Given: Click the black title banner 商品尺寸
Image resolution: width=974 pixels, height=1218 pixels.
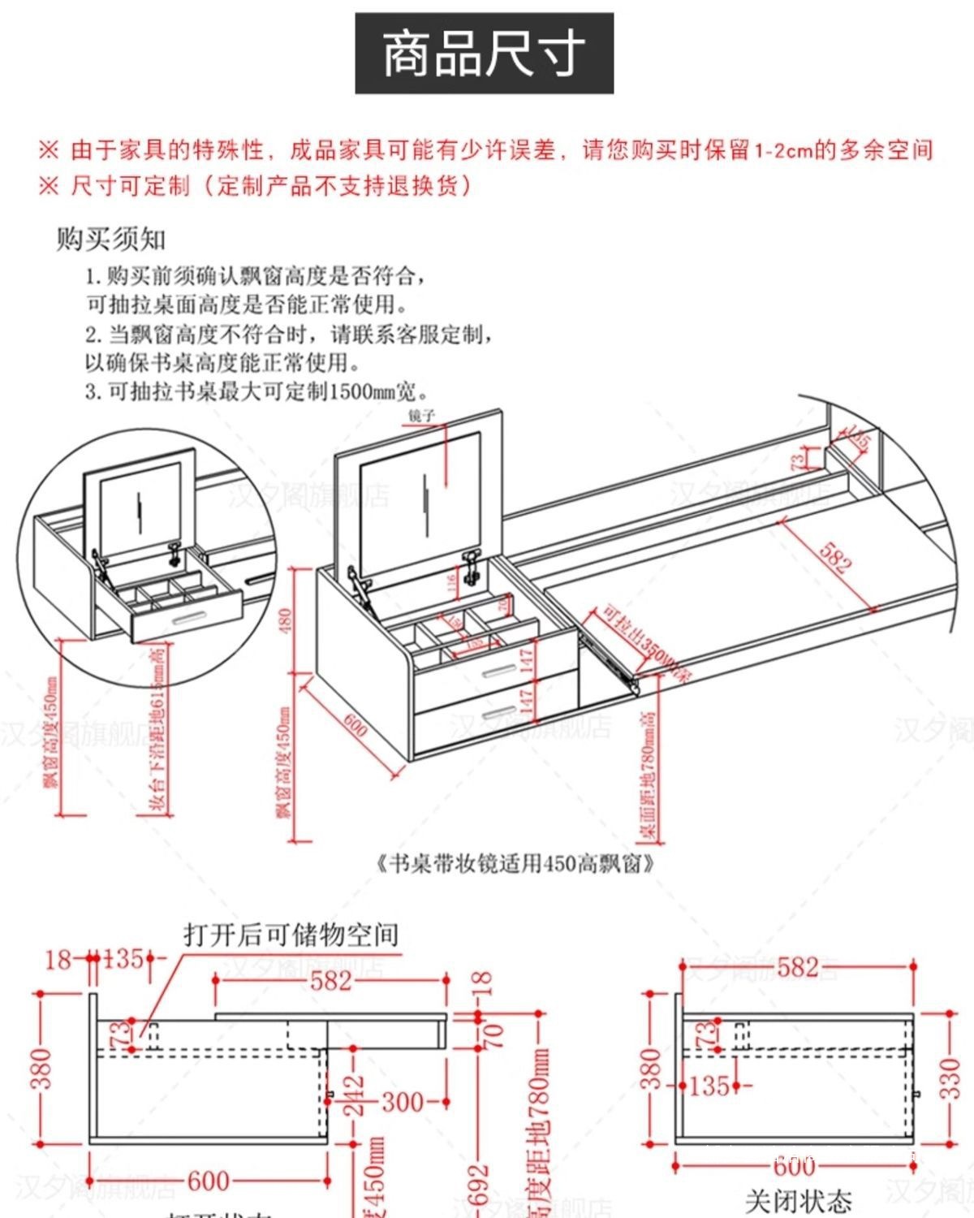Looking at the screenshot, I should coord(484,54).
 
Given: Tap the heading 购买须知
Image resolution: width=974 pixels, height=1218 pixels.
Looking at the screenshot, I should coord(110,239).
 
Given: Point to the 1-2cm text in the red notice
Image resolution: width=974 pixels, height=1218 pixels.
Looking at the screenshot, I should coord(783,150).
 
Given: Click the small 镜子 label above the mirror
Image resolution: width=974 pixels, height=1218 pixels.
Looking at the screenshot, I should coord(422,416).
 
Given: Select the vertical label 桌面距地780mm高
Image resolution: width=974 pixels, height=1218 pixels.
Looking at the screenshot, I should coord(648,775).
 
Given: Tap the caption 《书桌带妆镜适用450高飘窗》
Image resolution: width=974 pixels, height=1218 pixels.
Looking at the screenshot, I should coord(516,862).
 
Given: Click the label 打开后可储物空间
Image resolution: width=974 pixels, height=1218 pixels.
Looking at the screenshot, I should coord(291,935).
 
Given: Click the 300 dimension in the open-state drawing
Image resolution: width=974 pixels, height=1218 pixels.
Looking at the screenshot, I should coord(403,1102).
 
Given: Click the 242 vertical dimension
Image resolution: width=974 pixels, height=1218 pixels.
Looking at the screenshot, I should coord(354,1096).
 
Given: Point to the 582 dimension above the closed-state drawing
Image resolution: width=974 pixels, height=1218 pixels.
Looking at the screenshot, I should coord(797,967).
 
